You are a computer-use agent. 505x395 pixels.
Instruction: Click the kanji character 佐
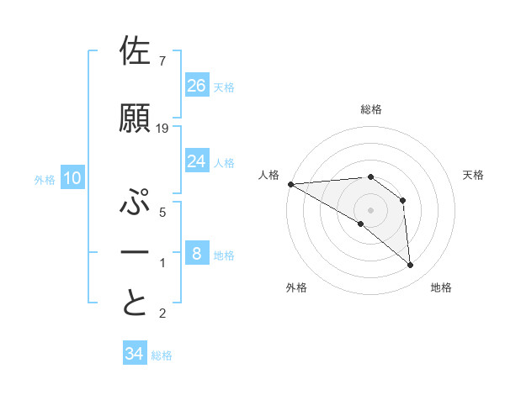click(x=136, y=52)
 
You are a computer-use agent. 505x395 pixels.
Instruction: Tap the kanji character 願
click(x=136, y=118)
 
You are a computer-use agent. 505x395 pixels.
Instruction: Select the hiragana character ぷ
click(x=136, y=203)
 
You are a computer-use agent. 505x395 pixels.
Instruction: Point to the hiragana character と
click(x=136, y=303)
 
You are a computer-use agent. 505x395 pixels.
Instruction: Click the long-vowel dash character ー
click(x=136, y=252)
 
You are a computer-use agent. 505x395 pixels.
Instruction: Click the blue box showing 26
click(x=197, y=85)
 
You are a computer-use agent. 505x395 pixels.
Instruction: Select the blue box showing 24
click(x=197, y=161)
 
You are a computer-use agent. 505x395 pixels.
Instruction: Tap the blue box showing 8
click(x=197, y=253)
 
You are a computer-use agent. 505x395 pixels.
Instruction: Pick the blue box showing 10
click(x=72, y=177)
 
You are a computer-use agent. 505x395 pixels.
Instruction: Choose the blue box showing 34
click(x=135, y=354)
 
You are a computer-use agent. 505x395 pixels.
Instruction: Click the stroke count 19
click(x=162, y=129)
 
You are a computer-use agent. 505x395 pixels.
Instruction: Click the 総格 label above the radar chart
click(x=370, y=109)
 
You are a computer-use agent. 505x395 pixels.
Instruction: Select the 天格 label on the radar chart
click(x=474, y=175)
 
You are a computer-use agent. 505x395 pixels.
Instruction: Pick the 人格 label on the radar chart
click(x=268, y=175)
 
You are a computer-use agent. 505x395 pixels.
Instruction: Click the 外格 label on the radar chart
click(x=296, y=287)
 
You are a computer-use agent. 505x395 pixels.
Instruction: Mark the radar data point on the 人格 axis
click(x=290, y=183)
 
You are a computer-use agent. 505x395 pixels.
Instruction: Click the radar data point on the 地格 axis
click(x=411, y=266)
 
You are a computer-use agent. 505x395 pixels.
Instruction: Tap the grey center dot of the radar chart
click(x=370, y=209)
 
